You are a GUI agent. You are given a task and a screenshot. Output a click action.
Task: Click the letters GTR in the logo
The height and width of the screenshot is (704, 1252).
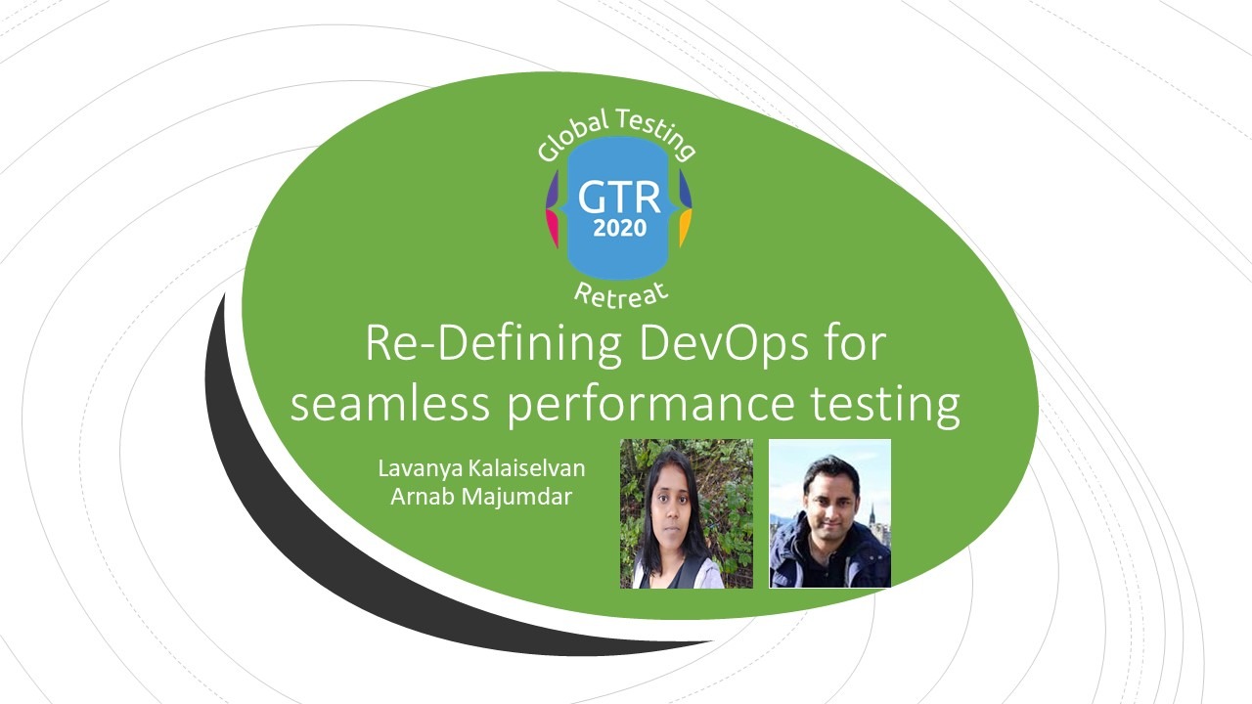(619, 197)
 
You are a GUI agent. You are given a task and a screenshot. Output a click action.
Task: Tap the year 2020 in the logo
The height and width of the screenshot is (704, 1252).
(620, 228)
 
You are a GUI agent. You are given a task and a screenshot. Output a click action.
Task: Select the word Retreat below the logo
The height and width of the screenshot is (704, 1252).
(621, 295)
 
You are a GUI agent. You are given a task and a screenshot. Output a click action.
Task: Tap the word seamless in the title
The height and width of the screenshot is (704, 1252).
(390, 404)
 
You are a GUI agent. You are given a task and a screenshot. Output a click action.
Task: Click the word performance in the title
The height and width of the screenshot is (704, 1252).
(650, 406)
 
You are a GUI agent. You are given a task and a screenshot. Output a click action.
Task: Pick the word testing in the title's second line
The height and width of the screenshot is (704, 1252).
(885, 406)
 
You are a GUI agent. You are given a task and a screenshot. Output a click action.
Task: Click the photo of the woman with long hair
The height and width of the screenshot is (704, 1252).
(687, 513)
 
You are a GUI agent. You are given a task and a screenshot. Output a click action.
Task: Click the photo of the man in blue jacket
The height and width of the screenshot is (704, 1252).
(830, 513)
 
